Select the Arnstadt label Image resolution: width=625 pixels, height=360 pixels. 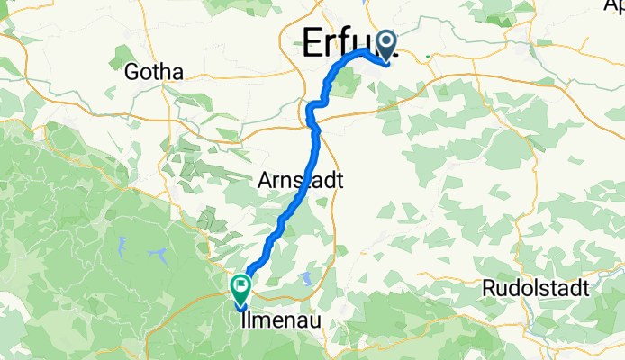click(x=300, y=181)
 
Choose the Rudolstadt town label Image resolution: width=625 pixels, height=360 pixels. click(x=536, y=289)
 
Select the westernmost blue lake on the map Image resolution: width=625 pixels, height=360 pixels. click(x=121, y=243)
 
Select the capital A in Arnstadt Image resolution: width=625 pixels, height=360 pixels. click(x=265, y=181)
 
